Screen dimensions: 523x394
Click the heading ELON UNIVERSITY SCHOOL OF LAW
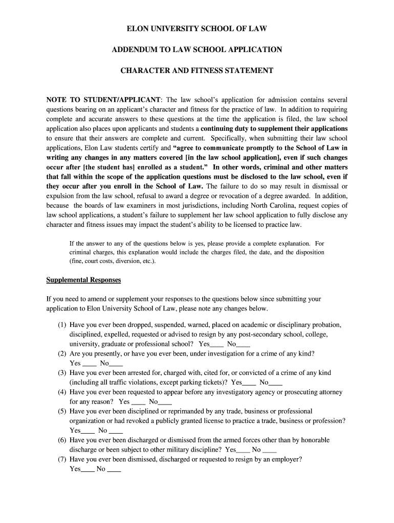197,29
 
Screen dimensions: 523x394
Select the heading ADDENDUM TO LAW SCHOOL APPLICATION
197,50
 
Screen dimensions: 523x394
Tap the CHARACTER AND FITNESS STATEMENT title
197,70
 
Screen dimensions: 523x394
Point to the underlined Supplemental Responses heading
83,280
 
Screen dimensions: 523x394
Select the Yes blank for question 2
90,364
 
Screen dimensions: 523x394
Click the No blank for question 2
116,364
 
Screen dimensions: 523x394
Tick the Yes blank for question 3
249,383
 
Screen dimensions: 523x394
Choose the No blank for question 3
276,383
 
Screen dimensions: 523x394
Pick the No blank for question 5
116,431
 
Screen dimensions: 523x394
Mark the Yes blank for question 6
244,450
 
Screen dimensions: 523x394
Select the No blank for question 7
115,469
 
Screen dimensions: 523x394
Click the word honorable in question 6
313,440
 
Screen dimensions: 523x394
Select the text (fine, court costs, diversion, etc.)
113,261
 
